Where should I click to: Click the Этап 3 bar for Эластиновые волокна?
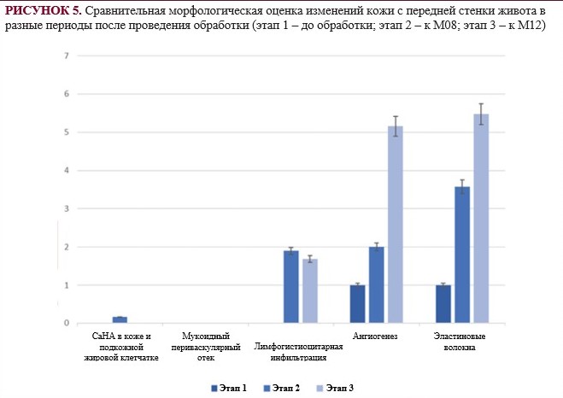pos(481,219)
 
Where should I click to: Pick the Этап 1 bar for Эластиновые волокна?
pos(443,304)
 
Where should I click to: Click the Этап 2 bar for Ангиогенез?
pos(376,285)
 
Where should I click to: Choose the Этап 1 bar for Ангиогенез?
pos(357,304)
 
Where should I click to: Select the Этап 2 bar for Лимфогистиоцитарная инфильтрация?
pos(290,287)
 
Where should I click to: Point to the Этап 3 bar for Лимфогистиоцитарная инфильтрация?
pos(309,291)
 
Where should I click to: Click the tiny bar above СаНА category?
pos(120,319)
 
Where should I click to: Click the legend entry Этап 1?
pos(230,389)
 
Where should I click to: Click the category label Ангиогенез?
pos(376,337)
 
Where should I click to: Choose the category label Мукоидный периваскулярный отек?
pos(206,347)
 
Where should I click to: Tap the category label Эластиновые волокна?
pos(462,342)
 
